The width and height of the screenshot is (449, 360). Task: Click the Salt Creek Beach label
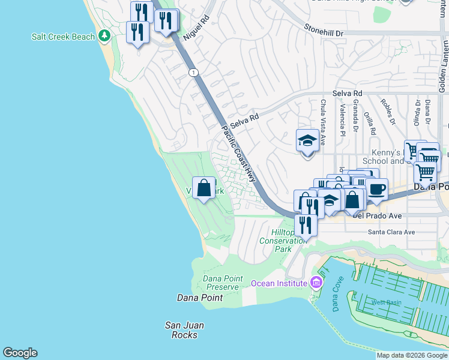coord(62,37)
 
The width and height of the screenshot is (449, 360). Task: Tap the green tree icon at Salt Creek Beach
coord(104,37)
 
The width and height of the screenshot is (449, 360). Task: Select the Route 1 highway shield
coord(193,73)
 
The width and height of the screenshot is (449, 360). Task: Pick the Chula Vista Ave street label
coord(323,123)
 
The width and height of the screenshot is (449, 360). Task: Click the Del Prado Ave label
coord(376,215)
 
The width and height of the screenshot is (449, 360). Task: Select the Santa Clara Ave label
coord(391,232)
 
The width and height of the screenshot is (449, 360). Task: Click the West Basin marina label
coord(385,302)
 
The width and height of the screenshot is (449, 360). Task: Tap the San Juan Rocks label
coord(185,330)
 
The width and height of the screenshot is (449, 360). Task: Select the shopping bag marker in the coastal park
coord(204,188)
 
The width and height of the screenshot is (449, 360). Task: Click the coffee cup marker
coord(376,189)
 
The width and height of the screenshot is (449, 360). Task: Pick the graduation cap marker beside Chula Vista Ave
coord(307,142)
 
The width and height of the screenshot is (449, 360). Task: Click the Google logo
coord(20,353)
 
